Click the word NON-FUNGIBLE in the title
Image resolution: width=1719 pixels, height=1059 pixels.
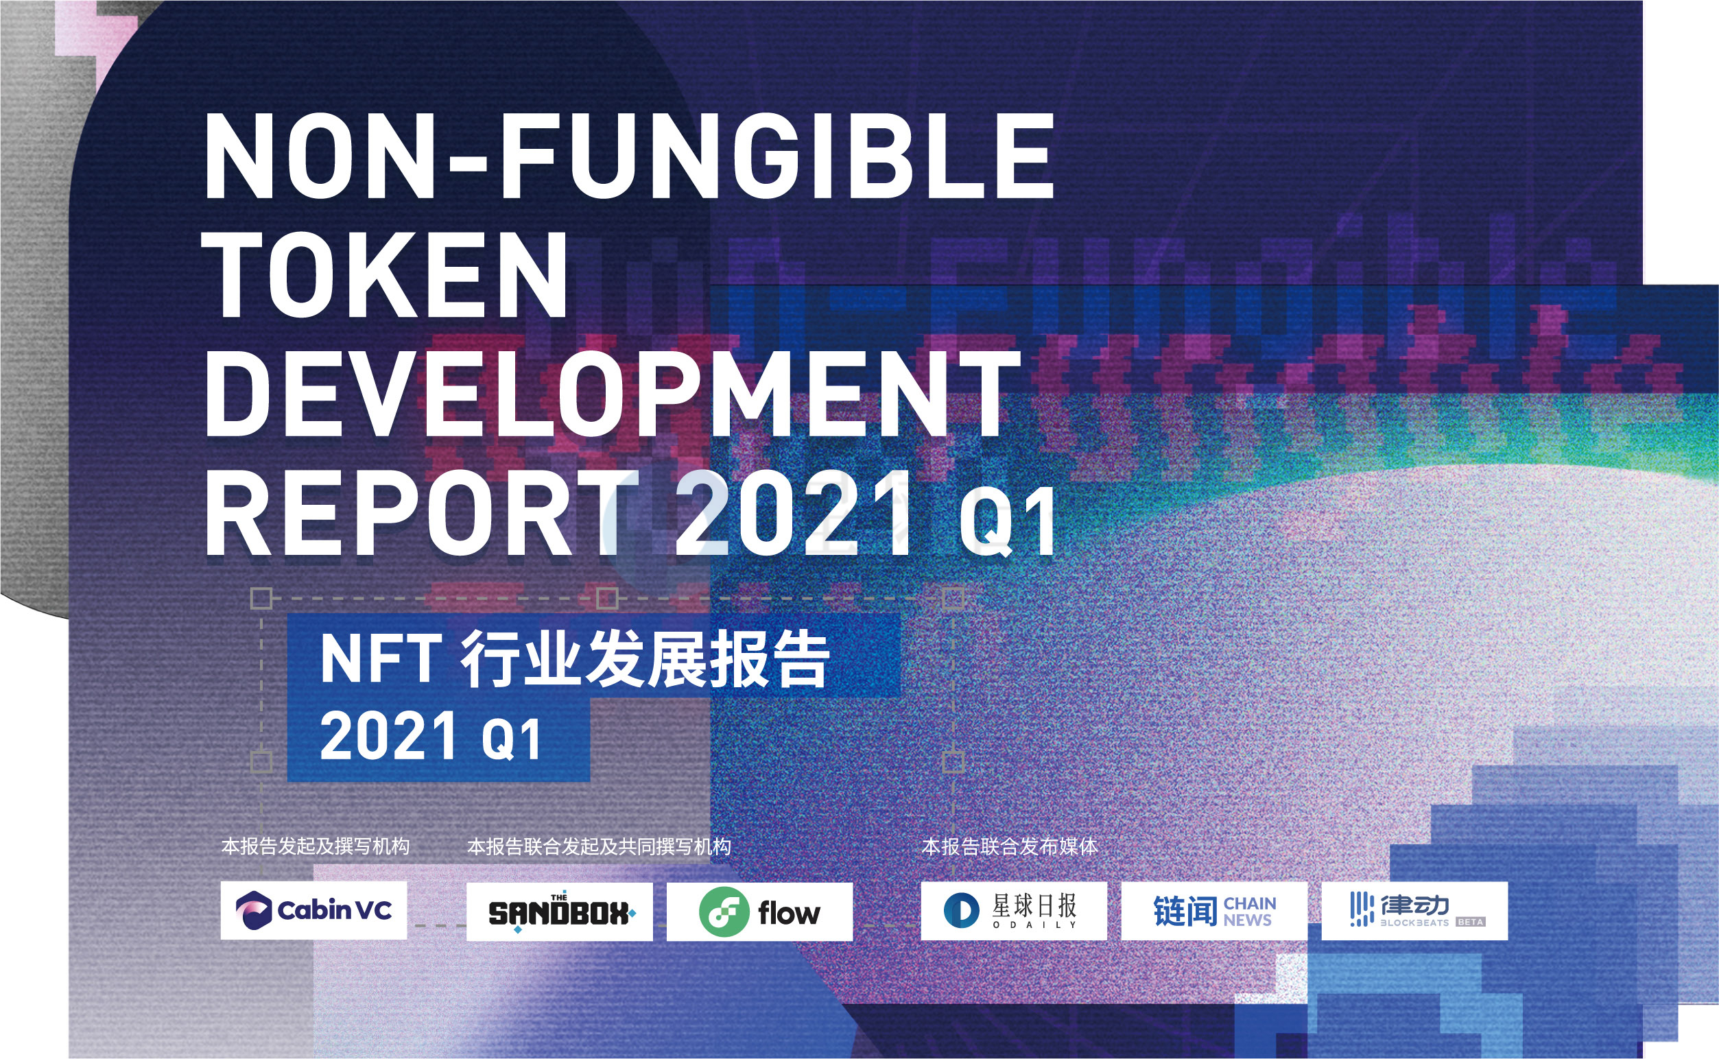point(629,158)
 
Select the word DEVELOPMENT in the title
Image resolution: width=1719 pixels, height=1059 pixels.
point(611,393)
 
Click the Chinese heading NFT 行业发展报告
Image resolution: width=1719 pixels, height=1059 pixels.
point(575,658)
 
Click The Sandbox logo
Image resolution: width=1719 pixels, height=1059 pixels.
point(559,912)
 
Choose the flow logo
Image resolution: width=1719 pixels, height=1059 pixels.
point(759,912)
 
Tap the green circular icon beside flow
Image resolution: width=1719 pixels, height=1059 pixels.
point(724,912)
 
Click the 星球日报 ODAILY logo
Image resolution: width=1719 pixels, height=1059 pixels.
point(1014,911)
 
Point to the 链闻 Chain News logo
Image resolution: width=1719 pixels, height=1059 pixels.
point(1214,911)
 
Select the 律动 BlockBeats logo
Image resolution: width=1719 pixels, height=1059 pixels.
point(1414,911)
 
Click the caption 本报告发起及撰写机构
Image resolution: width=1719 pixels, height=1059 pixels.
point(316,846)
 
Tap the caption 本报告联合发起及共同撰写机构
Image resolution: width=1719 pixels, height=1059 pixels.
point(599,847)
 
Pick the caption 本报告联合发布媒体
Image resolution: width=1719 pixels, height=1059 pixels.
point(1010,847)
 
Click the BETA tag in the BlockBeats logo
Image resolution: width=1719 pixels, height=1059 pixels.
point(1470,922)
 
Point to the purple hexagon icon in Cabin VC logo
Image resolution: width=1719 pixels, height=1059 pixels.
point(254,911)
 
